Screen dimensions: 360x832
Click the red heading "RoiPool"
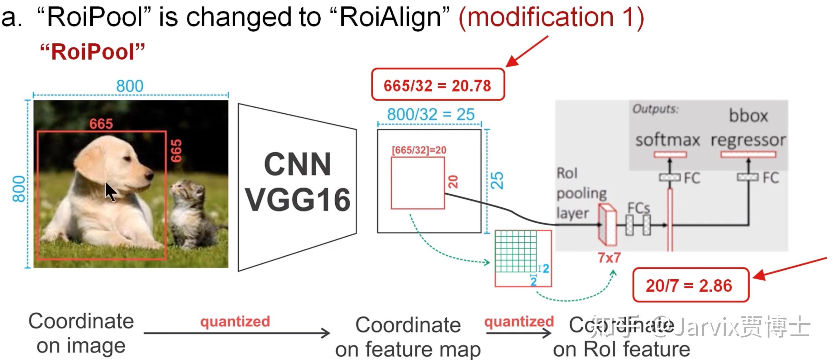(x=92, y=52)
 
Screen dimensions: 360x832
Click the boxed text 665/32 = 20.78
(x=437, y=86)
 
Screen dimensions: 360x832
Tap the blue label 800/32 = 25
(x=431, y=114)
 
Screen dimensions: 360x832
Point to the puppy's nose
(x=149, y=175)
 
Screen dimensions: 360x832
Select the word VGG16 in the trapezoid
(x=298, y=200)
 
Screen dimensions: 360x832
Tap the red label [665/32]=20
(x=419, y=150)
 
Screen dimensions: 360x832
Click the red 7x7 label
(x=609, y=258)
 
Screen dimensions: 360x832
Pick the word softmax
(x=667, y=140)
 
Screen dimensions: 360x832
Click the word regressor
(x=748, y=140)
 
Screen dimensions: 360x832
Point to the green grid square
(x=516, y=251)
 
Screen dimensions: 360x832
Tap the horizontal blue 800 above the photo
(x=130, y=86)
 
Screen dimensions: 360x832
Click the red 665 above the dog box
(x=101, y=124)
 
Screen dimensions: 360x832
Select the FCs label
(x=638, y=208)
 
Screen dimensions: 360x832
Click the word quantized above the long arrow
(x=235, y=322)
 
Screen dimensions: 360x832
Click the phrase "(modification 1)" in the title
(x=551, y=18)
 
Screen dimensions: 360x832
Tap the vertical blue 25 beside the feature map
(x=497, y=181)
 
